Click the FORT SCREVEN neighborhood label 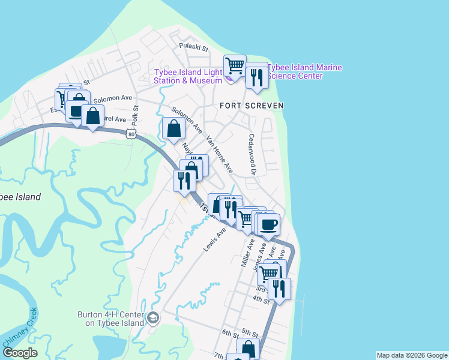(252, 106)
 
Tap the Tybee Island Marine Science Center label (305, 71)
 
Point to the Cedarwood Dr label (253, 155)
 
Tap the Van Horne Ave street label (219, 154)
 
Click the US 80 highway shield (131, 134)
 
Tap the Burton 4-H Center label (111, 319)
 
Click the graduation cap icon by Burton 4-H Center (152, 317)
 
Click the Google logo (20, 353)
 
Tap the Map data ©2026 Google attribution (411, 355)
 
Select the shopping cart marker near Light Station (235, 65)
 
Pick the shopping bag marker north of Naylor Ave (173, 128)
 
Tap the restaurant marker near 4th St (279, 289)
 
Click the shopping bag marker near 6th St (248, 349)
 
